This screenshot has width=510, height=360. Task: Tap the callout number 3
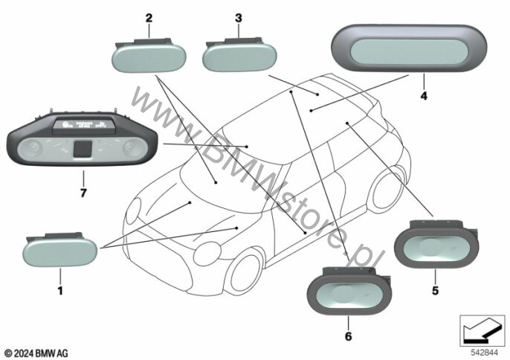[x=238, y=16]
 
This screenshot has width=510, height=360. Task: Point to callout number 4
[x=423, y=96]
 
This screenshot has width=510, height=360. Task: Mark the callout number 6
[x=347, y=336]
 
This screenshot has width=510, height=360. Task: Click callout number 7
[x=83, y=193]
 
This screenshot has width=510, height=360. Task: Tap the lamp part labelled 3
[x=239, y=55]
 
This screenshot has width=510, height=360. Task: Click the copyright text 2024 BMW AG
[x=36, y=351]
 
